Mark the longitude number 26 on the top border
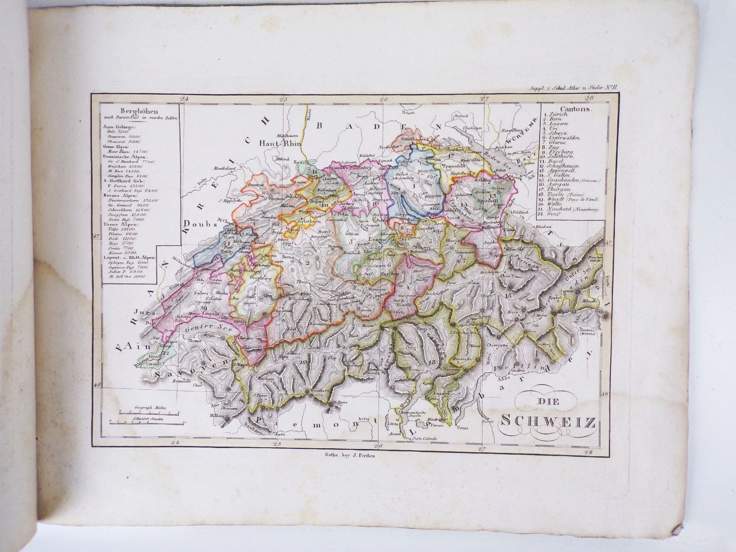pyautogui.click(x=384, y=99)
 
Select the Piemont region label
pyautogui.click(x=315, y=424)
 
